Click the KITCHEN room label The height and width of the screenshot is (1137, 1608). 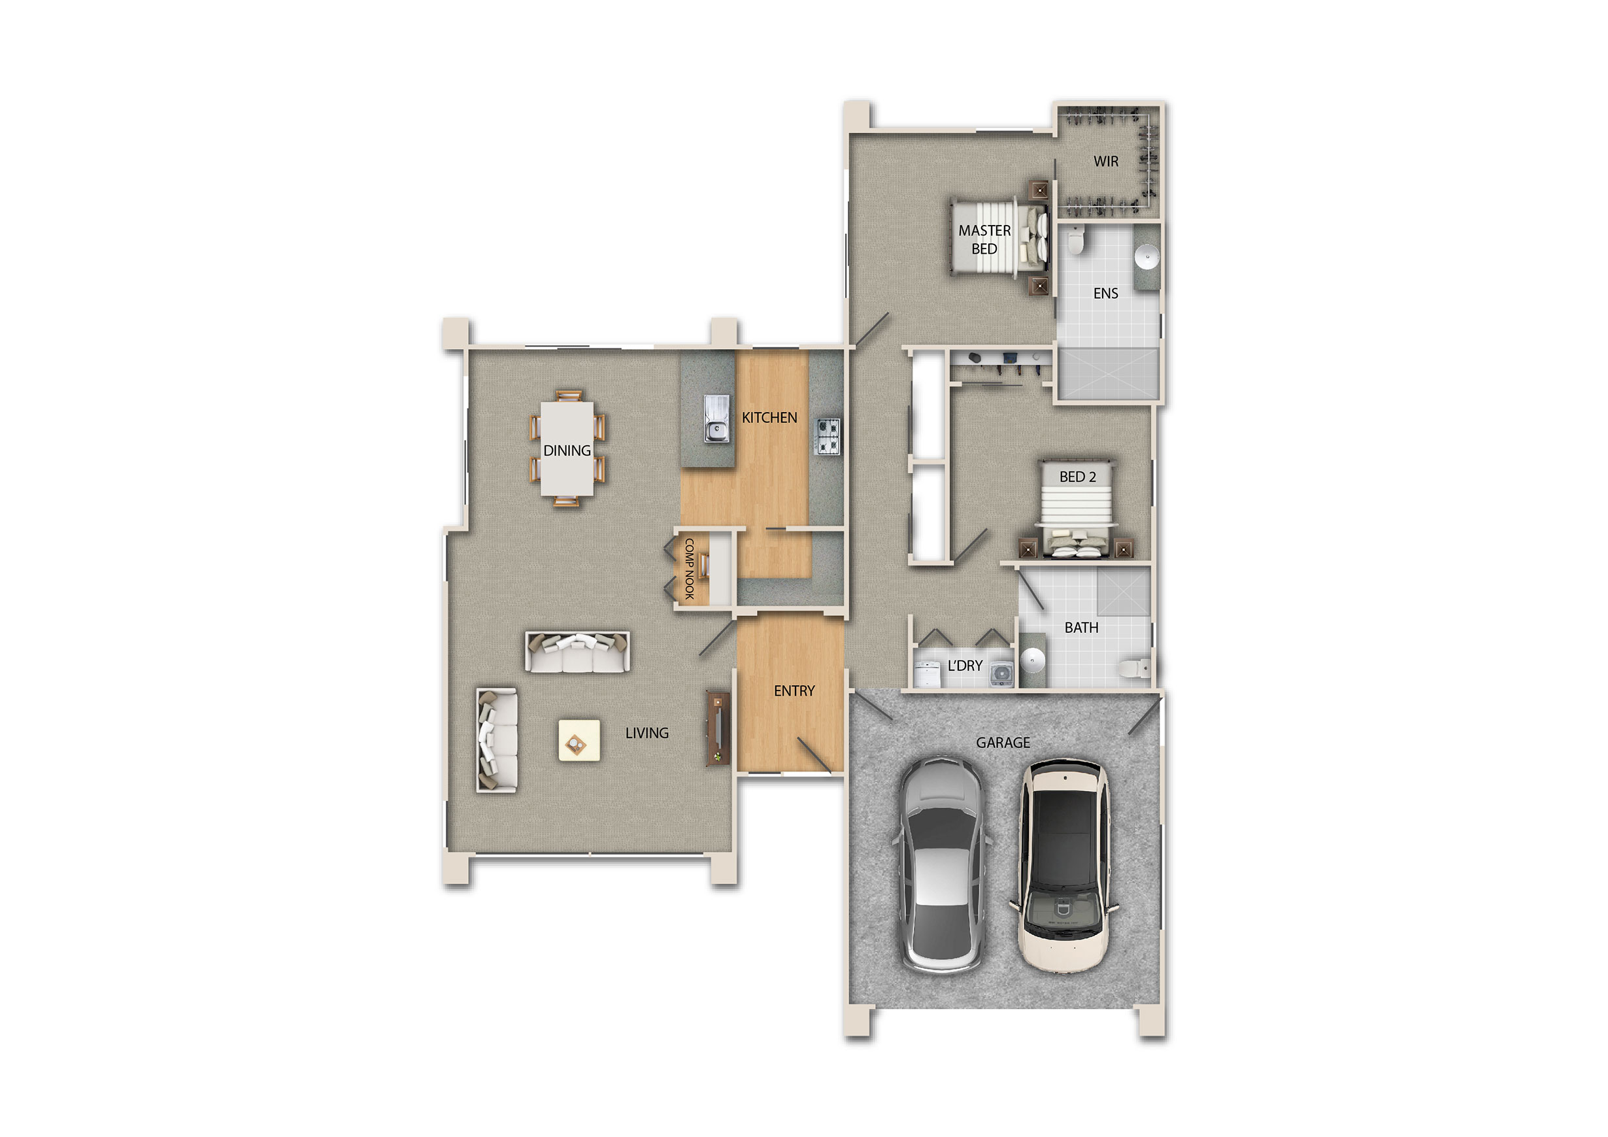(x=769, y=418)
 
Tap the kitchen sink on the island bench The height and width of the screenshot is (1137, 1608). (x=716, y=418)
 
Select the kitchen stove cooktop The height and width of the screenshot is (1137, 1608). (x=827, y=435)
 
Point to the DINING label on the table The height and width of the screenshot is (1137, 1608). (x=567, y=450)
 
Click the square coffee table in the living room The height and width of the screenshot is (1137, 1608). (x=578, y=741)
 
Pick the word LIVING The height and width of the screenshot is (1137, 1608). (x=646, y=733)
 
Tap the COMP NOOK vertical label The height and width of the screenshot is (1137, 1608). (x=689, y=569)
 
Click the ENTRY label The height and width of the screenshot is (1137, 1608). (x=794, y=690)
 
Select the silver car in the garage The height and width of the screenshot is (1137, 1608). (x=942, y=865)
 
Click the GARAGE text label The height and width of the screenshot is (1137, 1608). (x=1003, y=743)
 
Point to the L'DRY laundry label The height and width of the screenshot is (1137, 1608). (x=964, y=666)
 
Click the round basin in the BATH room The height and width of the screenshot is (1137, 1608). (x=1032, y=659)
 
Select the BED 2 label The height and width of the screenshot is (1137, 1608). (x=1077, y=477)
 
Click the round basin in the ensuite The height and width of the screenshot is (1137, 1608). (x=1147, y=256)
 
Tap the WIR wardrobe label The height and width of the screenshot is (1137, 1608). (x=1106, y=161)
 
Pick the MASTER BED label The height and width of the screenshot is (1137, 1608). (x=984, y=239)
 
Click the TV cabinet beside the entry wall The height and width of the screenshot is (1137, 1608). (x=718, y=728)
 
